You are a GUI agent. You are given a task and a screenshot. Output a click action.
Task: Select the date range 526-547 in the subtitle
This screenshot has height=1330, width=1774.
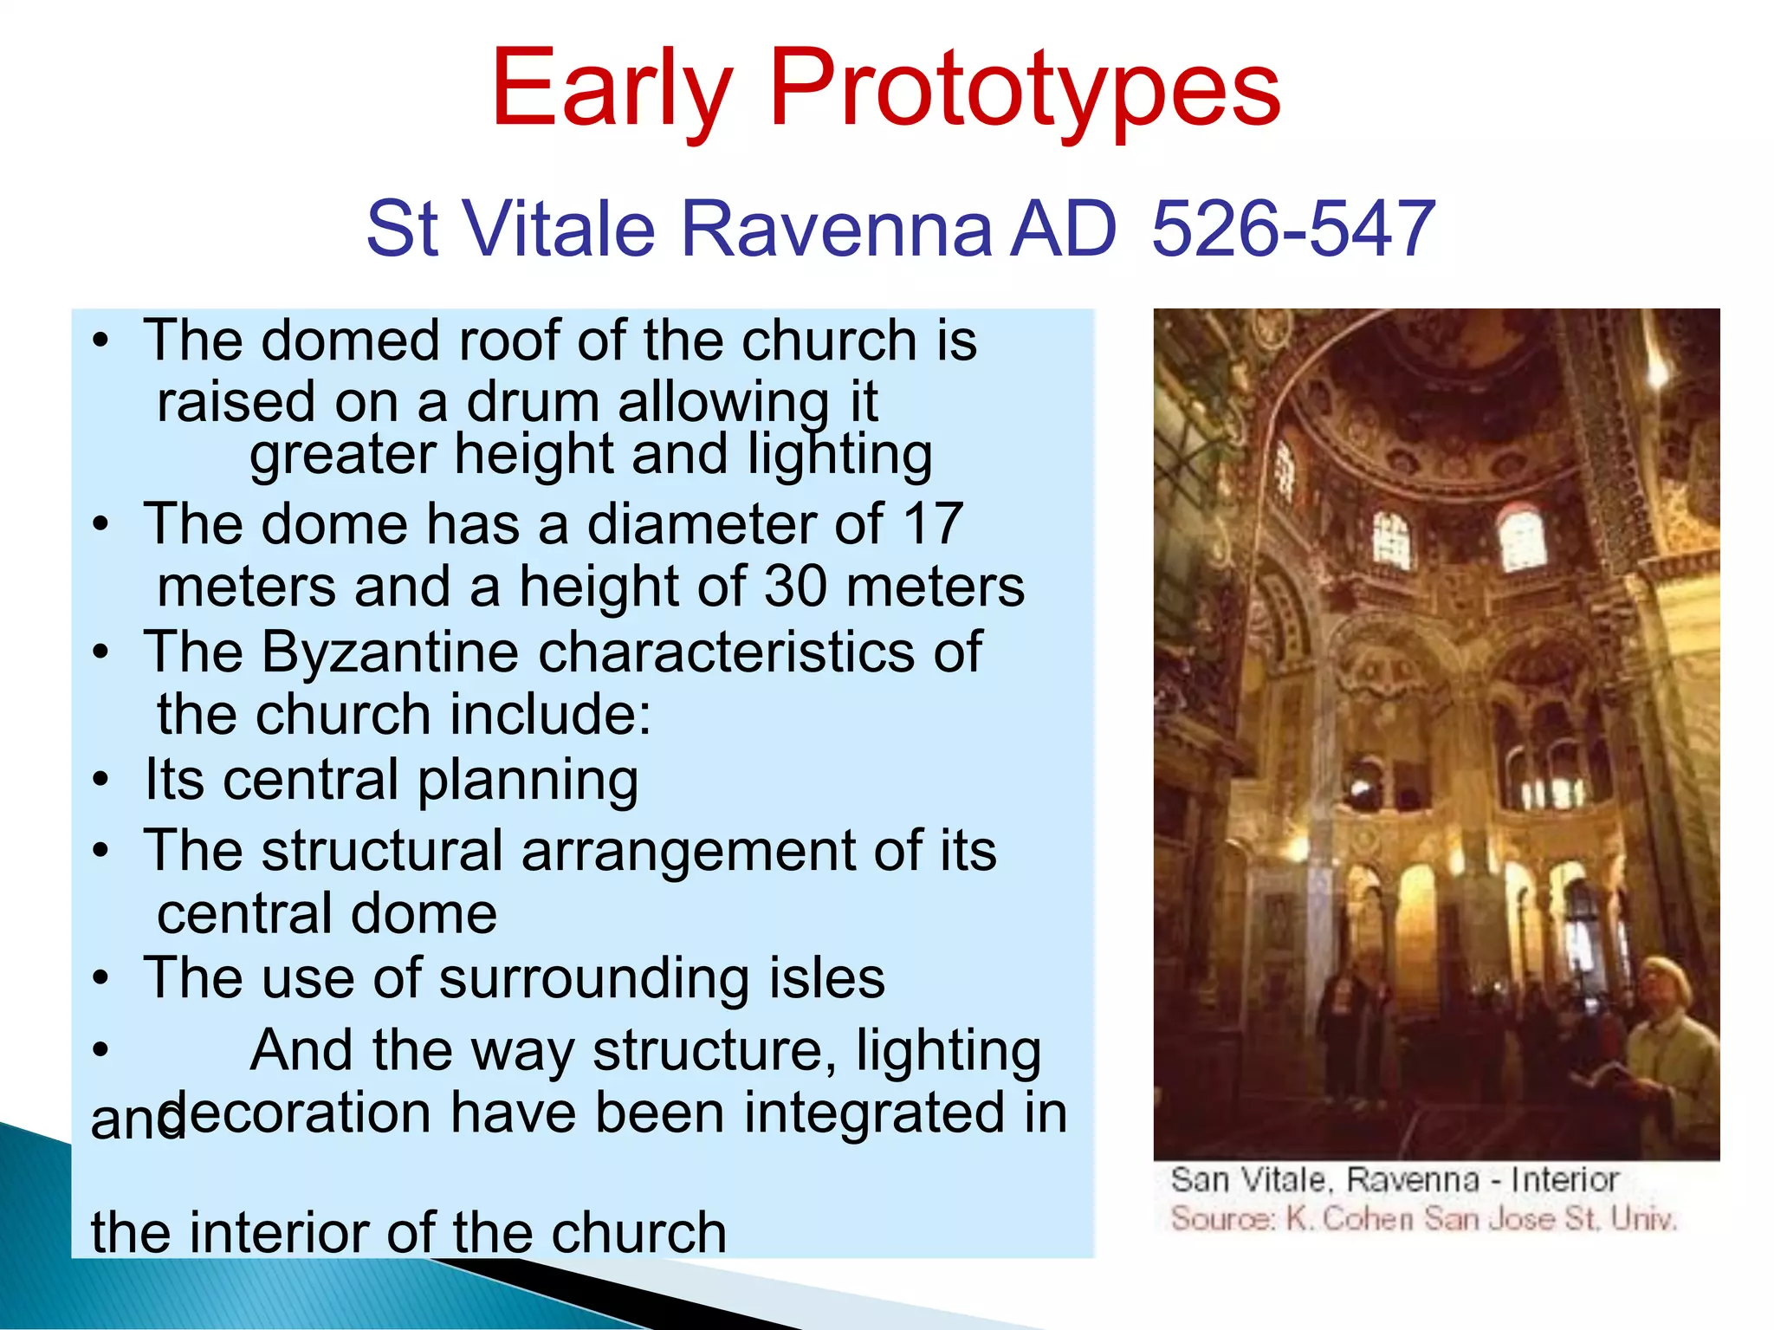1293,229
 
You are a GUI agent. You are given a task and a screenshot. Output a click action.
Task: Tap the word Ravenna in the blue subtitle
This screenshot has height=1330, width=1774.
836,229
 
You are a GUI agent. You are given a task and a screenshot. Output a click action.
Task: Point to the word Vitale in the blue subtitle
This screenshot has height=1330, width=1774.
559,229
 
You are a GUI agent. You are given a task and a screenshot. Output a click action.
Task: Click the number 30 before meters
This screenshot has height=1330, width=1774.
795,587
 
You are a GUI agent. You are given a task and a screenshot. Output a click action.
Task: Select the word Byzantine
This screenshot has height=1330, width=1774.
390,652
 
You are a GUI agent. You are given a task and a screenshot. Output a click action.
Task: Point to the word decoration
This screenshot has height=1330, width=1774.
295,1113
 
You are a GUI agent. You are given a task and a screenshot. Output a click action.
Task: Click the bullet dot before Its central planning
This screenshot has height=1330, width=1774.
101,780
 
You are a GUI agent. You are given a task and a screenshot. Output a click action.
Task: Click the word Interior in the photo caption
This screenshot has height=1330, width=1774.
1564,1180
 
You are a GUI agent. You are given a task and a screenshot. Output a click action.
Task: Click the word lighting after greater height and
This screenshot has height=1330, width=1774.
839,456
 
